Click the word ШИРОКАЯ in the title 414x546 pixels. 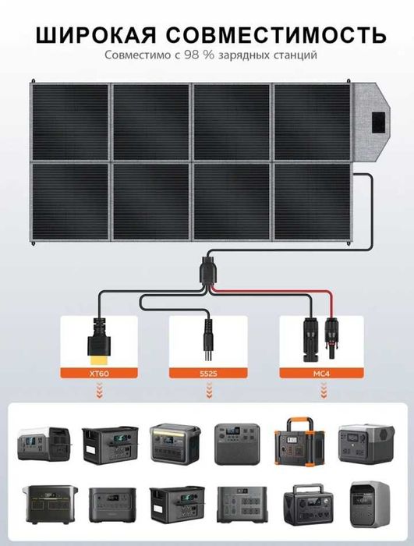96,35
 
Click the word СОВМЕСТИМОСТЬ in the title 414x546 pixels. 276,35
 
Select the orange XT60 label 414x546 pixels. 99,374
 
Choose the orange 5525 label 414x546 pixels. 208,374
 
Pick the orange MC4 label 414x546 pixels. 321,374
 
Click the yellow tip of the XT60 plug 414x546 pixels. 100,360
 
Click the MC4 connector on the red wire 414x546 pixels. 331,337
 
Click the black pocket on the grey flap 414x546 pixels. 378,122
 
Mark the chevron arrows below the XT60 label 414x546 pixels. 99,390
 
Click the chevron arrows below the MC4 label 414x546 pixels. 324,390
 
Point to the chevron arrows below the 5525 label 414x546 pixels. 209,390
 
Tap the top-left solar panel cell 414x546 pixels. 71,122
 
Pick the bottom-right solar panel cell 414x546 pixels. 313,201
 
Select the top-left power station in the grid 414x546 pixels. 44,443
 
